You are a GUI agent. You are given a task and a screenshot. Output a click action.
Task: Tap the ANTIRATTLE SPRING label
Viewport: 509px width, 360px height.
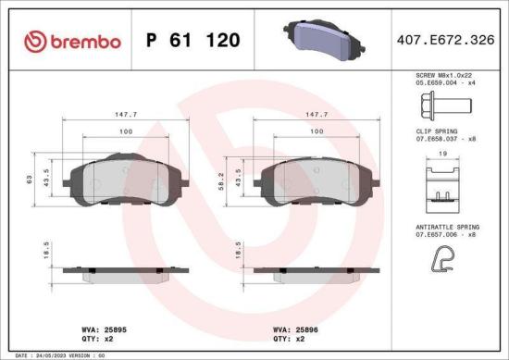point(449,225)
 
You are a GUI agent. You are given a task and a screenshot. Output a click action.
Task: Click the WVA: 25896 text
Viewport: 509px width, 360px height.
point(295,328)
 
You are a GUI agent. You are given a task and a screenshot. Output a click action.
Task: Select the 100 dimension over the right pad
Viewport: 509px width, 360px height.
point(317,132)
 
